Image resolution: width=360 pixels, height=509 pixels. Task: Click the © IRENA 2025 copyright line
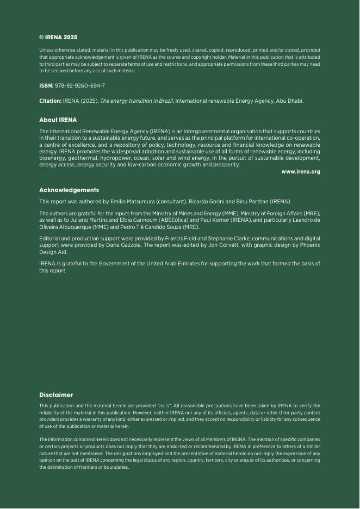(x=58, y=38)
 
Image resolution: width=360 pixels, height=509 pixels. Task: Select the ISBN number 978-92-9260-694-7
(x=80, y=86)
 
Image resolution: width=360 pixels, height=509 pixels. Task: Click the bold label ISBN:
(x=46, y=86)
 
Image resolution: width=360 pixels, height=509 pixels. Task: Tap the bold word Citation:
(x=50, y=101)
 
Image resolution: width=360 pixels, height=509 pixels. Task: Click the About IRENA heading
(x=58, y=120)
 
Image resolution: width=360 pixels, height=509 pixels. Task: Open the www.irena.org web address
(x=300, y=171)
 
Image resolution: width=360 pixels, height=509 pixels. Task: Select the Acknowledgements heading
(x=69, y=190)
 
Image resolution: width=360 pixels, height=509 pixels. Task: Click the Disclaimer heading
(x=56, y=395)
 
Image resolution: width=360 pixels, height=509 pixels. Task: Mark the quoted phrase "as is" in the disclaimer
(x=164, y=406)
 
